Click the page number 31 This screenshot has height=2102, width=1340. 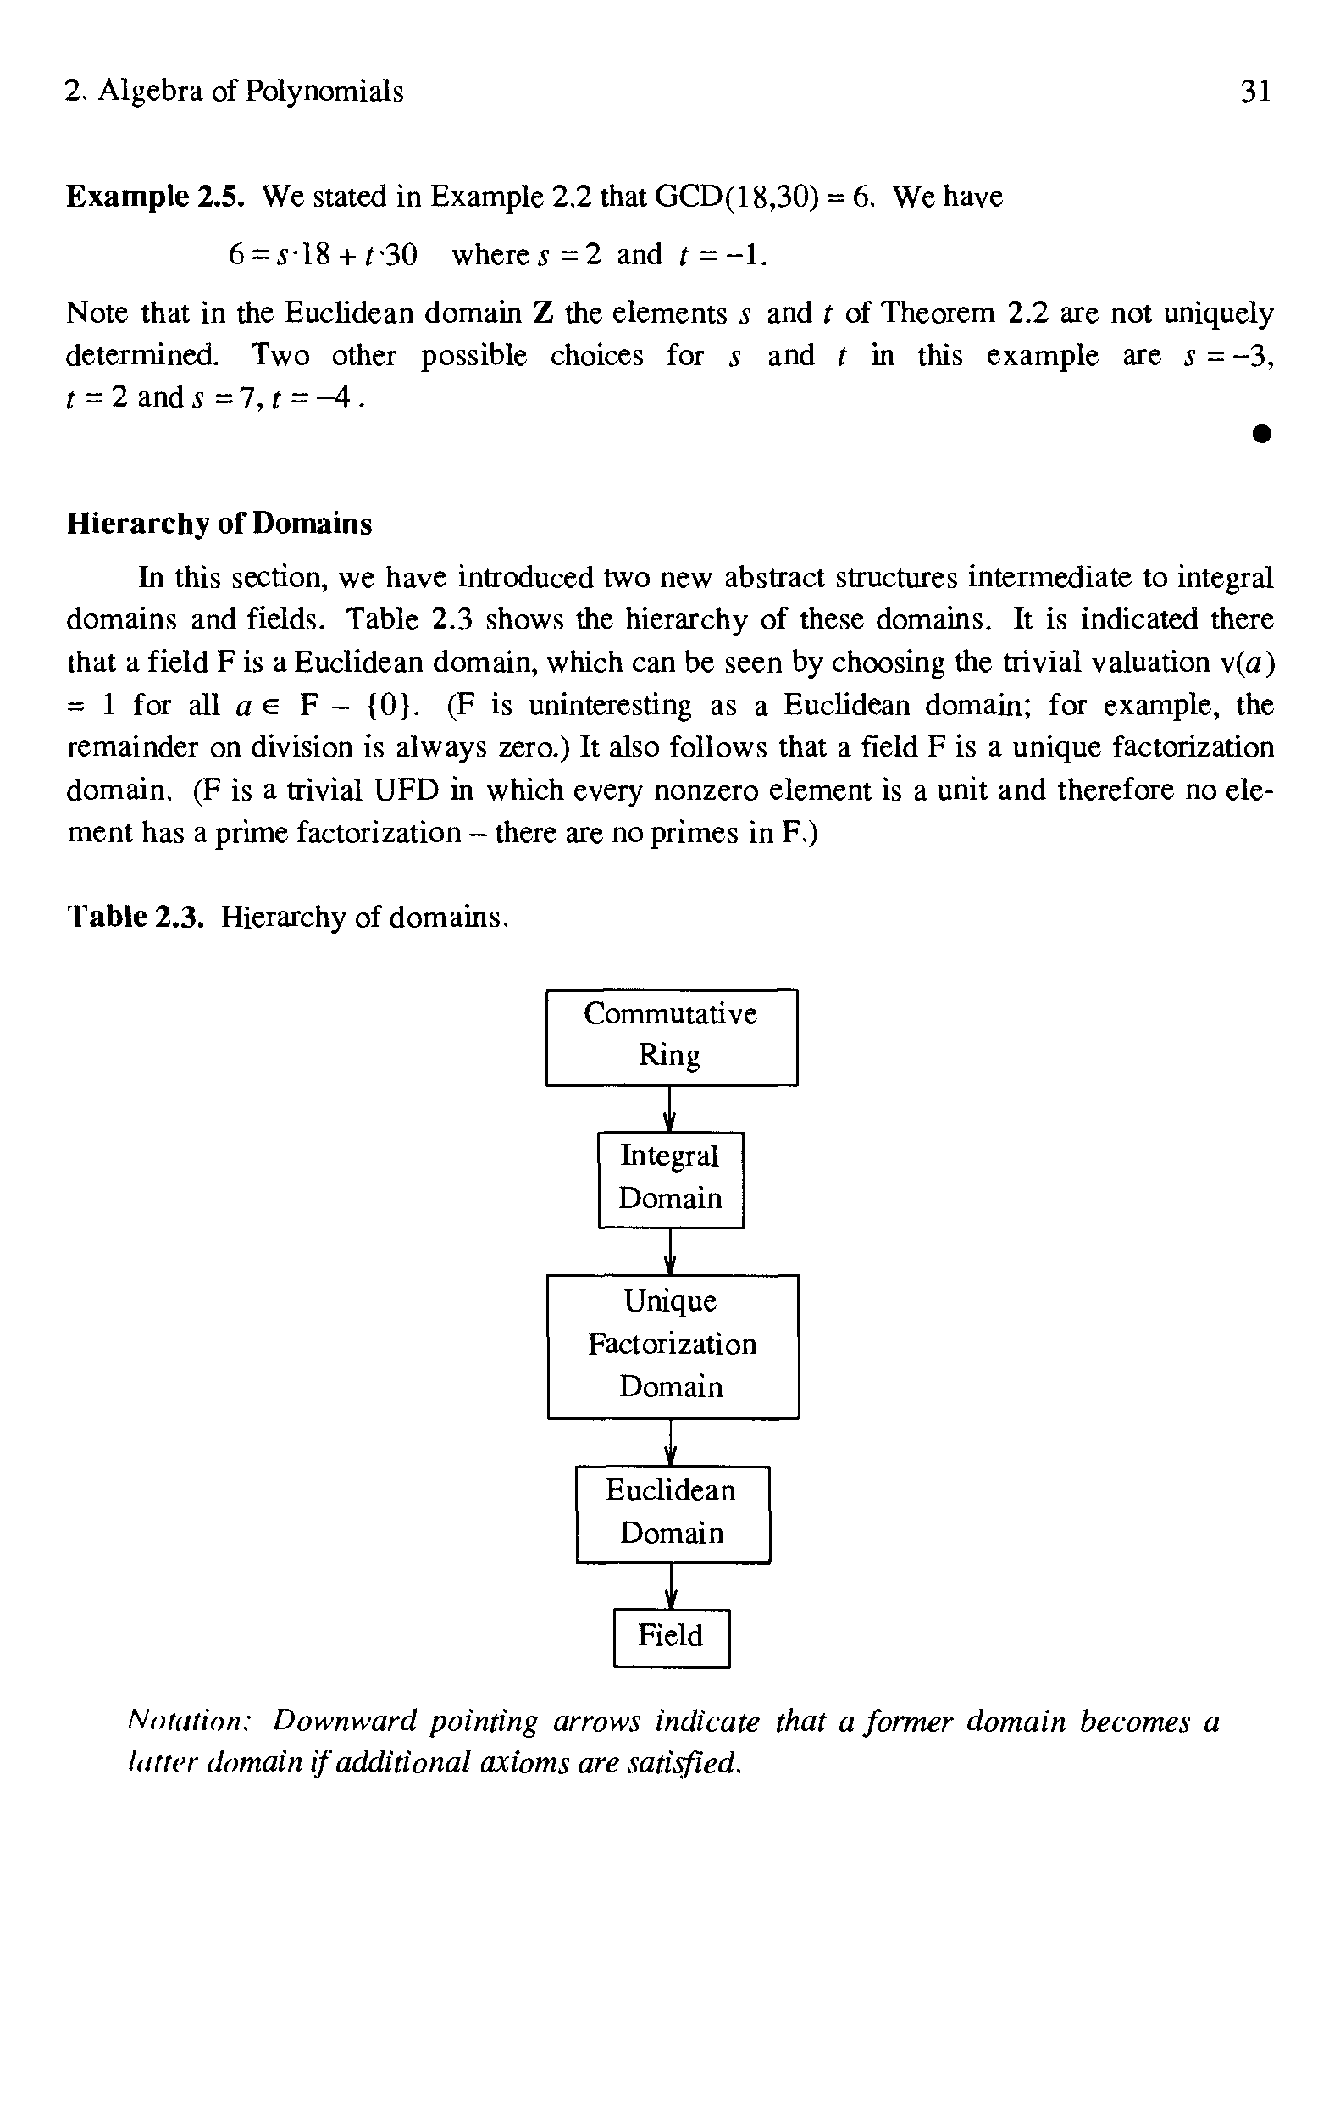click(1255, 91)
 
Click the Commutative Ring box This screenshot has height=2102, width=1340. click(672, 1036)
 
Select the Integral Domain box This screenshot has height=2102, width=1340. click(671, 1179)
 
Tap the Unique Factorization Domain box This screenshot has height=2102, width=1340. click(673, 1345)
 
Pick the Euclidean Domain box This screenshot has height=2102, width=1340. click(673, 1514)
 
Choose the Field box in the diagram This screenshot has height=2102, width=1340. click(671, 1638)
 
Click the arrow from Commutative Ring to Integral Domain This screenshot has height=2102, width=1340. click(669, 1110)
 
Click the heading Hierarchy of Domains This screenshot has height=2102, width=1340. click(219, 524)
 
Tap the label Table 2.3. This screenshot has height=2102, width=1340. click(136, 917)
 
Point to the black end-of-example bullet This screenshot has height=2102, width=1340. click(1260, 434)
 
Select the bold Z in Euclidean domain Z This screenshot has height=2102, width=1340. click(542, 313)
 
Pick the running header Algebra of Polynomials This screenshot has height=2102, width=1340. click(250, 91)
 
